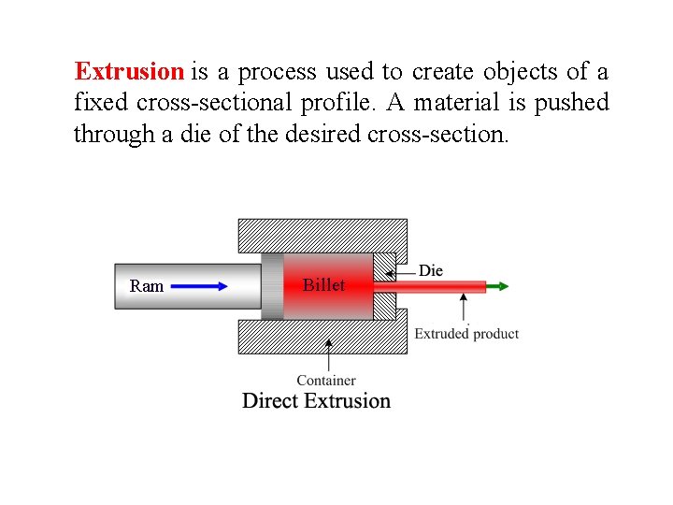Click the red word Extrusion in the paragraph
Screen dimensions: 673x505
pyautogui.click(x=129, y=72)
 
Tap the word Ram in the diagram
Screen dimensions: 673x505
pyautogui.click(x=147, y=286)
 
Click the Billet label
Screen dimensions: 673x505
pyautogui.click(x=323, y=285)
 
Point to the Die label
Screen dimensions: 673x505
pyautogui.click(x=431, y=270)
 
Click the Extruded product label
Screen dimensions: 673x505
pyautogui.click(x=466, y=333)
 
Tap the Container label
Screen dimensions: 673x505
pyautogui.click(x=326, y=381)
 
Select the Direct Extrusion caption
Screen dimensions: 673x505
pyautogui.click(x=317, y=401)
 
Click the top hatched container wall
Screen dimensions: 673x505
pyautogui.click(x=322, y=235)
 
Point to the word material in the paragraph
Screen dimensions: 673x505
pyautogui.click(x=446, y=103)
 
